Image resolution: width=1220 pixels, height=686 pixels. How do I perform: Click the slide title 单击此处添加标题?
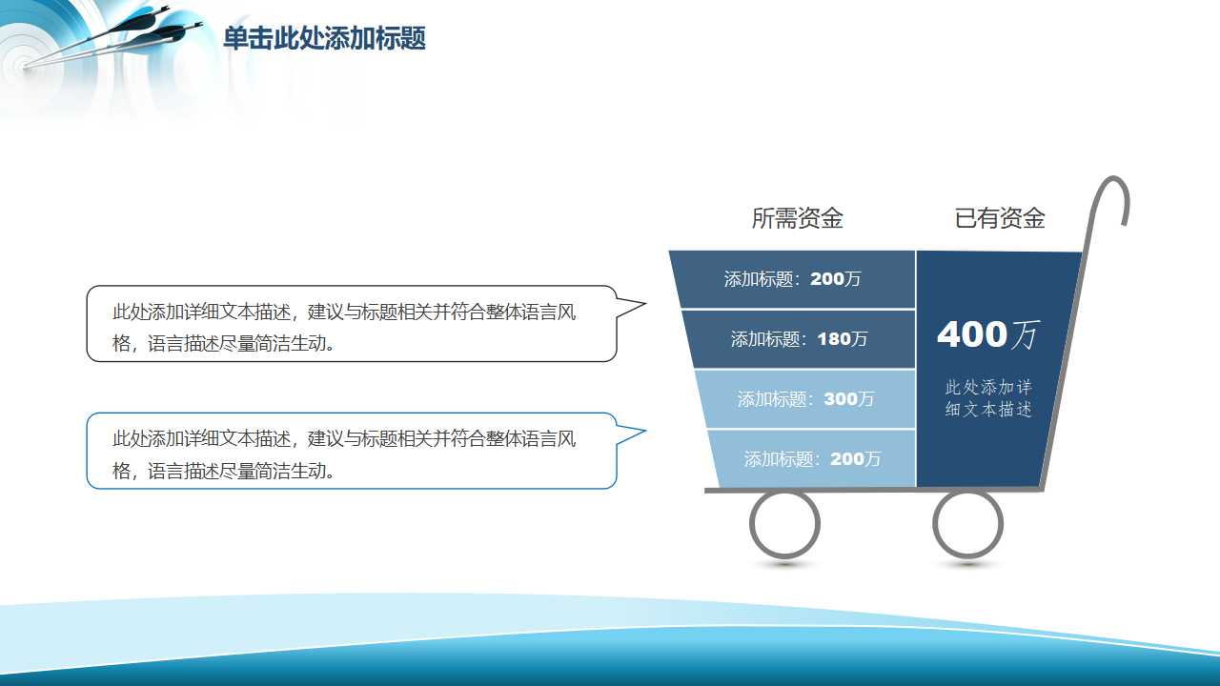324,39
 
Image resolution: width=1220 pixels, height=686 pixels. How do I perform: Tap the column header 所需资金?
797,218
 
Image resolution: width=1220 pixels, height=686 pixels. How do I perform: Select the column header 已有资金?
1000,218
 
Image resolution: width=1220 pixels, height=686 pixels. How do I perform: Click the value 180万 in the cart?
843,339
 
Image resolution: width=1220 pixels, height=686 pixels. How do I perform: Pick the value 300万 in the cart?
849,399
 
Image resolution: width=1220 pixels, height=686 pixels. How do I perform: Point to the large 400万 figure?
987,334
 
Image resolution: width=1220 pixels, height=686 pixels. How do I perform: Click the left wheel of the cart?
784,523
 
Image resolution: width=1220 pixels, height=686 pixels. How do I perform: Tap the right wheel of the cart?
967,523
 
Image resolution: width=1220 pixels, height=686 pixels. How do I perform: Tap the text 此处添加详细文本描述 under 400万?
988,398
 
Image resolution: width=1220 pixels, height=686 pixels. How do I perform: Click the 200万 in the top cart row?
836,279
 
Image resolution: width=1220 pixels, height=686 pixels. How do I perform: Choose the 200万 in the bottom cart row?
856,459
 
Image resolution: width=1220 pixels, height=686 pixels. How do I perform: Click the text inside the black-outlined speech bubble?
343,327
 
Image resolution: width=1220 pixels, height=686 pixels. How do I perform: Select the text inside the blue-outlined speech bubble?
343,454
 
